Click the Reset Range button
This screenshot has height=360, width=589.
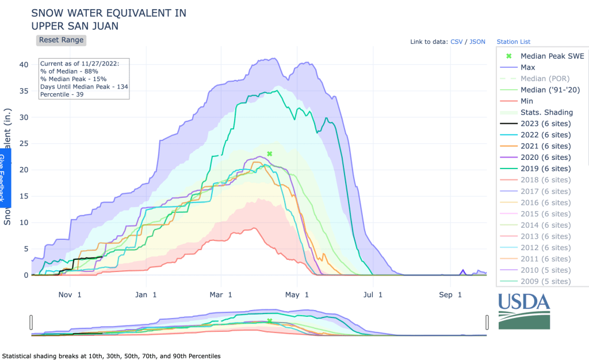[62, 40]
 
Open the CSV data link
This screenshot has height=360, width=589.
[456, 42]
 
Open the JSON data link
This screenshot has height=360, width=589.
[477, 42]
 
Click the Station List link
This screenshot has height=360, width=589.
[513, 42]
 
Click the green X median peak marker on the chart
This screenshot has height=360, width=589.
[269, 154]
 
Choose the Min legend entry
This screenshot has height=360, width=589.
[526, 101]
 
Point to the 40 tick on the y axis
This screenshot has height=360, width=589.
[24, 64]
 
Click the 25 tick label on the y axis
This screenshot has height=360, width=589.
[24, 143]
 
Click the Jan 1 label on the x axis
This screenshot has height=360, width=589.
[146, 295]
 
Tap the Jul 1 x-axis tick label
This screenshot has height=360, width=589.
[372, 295]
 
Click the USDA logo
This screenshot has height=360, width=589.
[524, 311]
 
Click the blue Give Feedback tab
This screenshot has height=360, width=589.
[4, 178]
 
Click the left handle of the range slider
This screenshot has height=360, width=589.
[32, 322]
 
